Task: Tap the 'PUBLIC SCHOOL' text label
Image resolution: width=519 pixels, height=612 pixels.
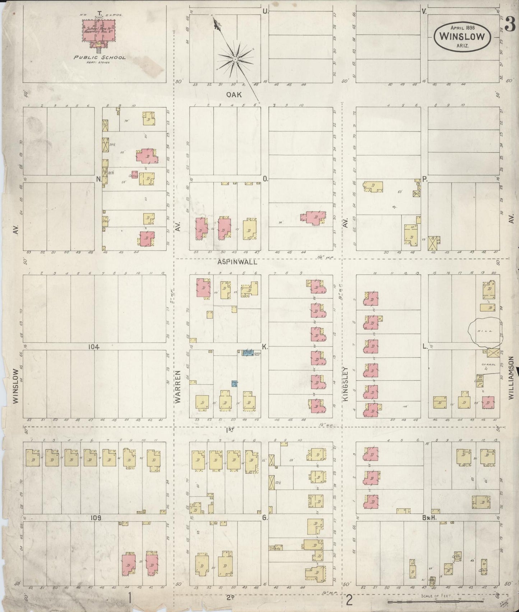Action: [99, 57]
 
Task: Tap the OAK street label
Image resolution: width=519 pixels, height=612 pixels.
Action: [233, 95]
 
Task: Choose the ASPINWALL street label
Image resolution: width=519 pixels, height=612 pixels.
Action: [237, 262]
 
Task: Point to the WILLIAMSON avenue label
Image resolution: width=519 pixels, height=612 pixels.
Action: [511, 378]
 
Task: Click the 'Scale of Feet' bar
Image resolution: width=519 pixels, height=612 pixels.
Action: [442, 601]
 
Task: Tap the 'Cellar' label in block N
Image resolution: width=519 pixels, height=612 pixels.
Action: [134, 176]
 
